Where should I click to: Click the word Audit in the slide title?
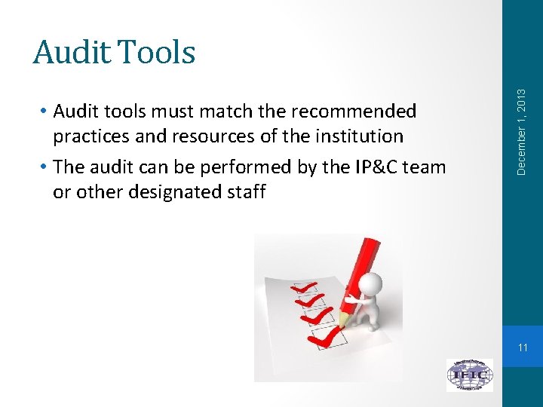69,53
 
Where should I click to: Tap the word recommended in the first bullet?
353,112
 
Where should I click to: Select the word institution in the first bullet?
357,136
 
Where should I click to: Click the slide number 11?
523,347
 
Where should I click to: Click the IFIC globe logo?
469,374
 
